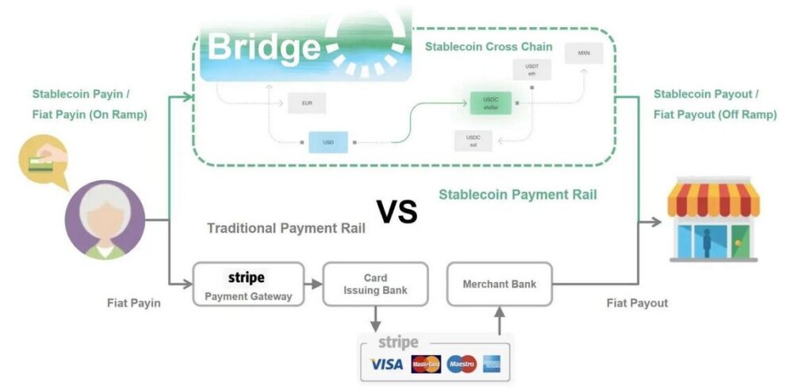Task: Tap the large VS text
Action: pos(396,212)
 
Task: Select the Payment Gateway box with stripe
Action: pos(247,284)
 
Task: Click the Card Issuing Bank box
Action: pos(375,284)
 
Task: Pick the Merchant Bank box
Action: pos(500,284)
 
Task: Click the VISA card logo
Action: pos(386,365)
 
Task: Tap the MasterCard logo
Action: pos(426,365)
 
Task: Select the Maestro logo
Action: pos(462,365)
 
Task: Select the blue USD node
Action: pos(327,142)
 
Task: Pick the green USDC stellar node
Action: pos(488,102)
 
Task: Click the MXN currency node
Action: pos(583,55)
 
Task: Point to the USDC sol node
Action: pos(473,141)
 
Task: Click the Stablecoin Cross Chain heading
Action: pos(488,47)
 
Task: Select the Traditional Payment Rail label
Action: pos(286,229)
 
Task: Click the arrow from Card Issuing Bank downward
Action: pos(375,319)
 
